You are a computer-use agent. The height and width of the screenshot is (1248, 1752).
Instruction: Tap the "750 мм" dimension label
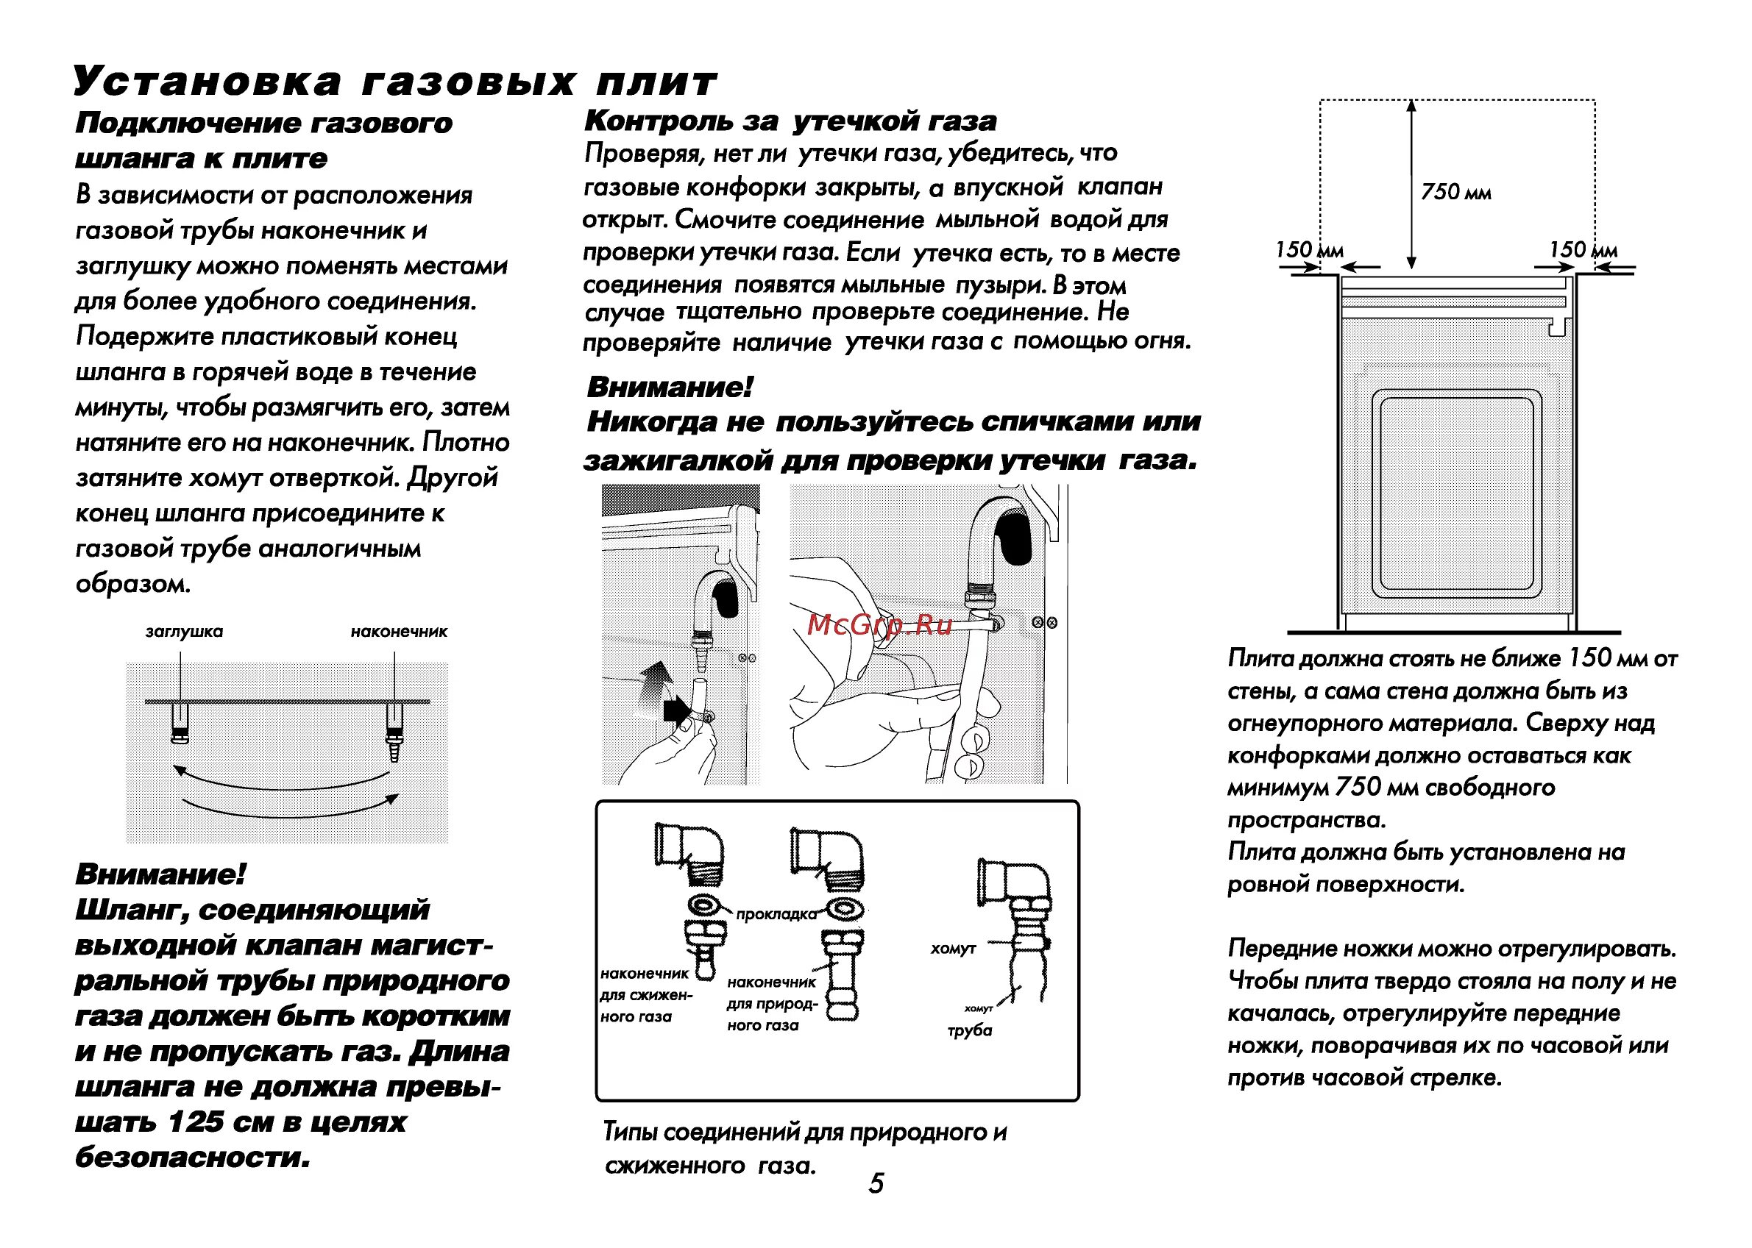[1455, 192]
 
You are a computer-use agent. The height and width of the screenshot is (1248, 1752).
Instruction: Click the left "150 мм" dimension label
[1308, 250]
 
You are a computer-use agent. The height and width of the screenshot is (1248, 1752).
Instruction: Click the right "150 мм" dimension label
[1582, 250]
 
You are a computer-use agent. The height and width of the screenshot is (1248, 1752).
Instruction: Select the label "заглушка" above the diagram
[184, 632]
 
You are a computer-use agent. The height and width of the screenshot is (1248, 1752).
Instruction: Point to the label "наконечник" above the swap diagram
[398, 632]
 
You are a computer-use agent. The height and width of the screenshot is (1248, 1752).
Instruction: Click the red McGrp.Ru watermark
[879, 625]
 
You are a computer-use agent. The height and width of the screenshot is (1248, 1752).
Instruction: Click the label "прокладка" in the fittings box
[776, 914]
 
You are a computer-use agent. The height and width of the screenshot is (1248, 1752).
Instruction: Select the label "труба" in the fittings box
[969, 1030]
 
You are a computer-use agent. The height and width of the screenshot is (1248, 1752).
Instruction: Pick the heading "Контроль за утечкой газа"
[790, 121]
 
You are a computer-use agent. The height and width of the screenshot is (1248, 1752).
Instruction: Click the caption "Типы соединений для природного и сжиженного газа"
[804, 1149]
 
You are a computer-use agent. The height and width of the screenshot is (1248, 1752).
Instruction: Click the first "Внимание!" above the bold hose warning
[160, 874]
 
